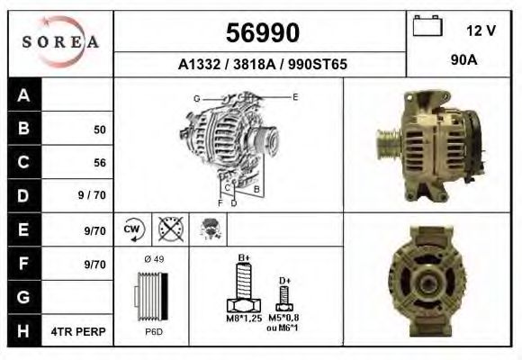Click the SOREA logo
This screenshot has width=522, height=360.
tap(61, 42)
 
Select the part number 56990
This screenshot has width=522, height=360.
tap(261, 33)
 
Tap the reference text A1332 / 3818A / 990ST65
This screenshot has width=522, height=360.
tap(261, 65)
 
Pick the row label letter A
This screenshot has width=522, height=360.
tap(24, 95)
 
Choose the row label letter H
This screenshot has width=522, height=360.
tap(24, 331)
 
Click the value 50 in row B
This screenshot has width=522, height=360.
tap(99, 130)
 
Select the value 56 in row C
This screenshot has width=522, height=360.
tap(99, 163)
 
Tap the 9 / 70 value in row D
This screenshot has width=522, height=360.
tap(94, 196)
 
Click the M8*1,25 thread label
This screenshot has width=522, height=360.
tap(242, 319)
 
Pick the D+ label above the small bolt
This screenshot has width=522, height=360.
tap(284, 280)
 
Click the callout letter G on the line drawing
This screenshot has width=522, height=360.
tap(196, 97)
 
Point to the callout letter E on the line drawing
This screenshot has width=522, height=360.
tap(295, 95)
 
